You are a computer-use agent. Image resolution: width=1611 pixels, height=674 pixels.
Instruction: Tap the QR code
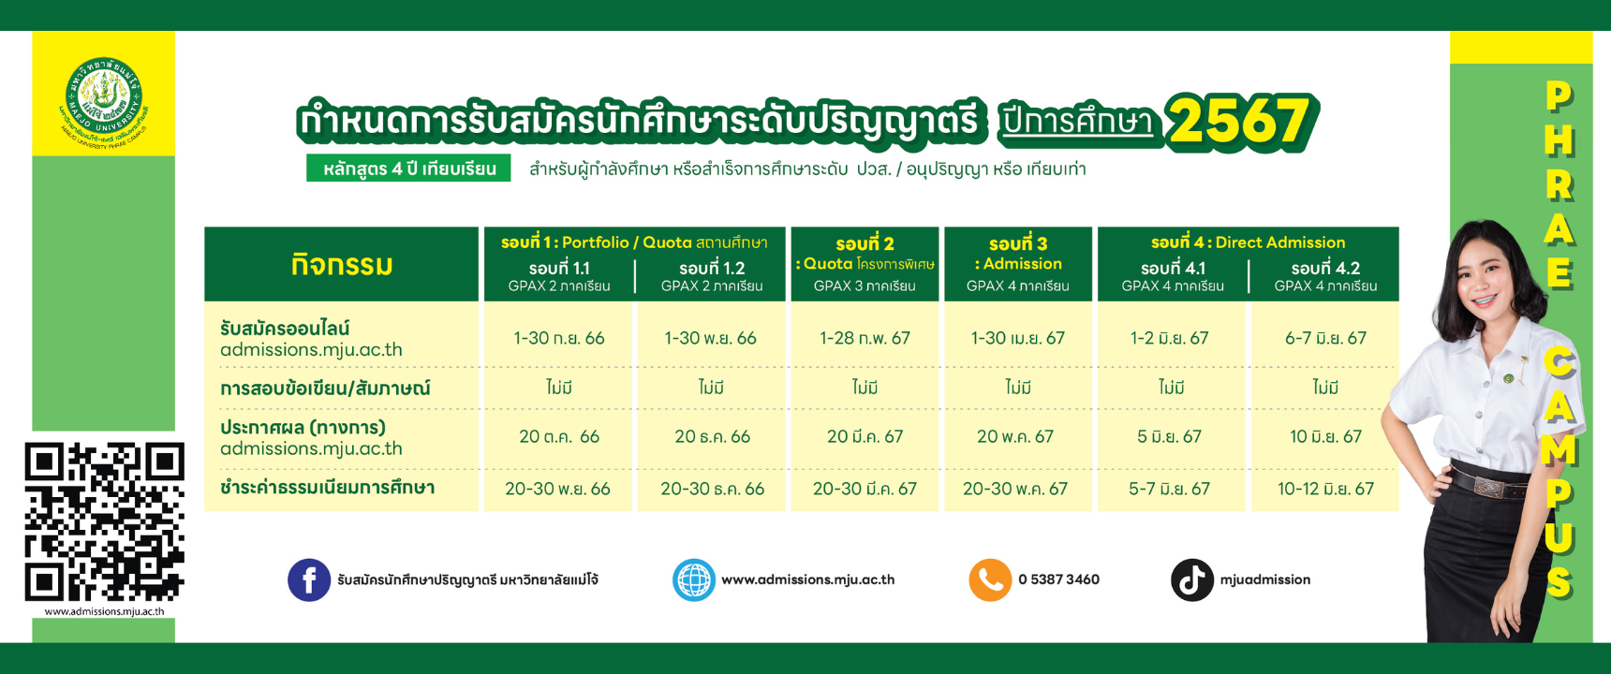click(104, 521)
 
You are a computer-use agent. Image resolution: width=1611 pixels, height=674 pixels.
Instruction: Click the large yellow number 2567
click(1242, 122)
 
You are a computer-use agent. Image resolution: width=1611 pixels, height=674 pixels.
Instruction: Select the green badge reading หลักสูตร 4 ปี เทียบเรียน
click(408, 168)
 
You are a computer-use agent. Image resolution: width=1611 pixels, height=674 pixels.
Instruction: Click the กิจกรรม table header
click(341, 265)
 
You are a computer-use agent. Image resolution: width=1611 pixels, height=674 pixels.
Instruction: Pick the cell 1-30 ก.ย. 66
click(559, 338)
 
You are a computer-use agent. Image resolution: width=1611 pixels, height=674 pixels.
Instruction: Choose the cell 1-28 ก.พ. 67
click(865, 338)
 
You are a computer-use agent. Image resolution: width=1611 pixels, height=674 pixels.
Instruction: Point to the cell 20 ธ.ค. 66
click(712, 436)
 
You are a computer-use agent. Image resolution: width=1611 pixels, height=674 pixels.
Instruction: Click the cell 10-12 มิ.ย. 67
click(1325, 489)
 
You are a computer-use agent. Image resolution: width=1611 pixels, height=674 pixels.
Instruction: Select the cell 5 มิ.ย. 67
click(1169, 436)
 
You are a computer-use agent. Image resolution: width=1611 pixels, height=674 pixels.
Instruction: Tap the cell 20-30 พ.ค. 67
click(1015, 489)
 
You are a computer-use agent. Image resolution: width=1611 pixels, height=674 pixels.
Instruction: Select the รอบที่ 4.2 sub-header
click(1325, 268)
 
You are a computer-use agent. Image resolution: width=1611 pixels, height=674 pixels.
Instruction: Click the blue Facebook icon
click(309, 580)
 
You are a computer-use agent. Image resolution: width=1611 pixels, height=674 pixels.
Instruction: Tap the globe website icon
click(694, 580)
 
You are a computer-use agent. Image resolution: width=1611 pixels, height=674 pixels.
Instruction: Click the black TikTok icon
click(1192, 580)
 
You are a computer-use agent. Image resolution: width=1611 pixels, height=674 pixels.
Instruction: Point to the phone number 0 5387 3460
click(1058, 579)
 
